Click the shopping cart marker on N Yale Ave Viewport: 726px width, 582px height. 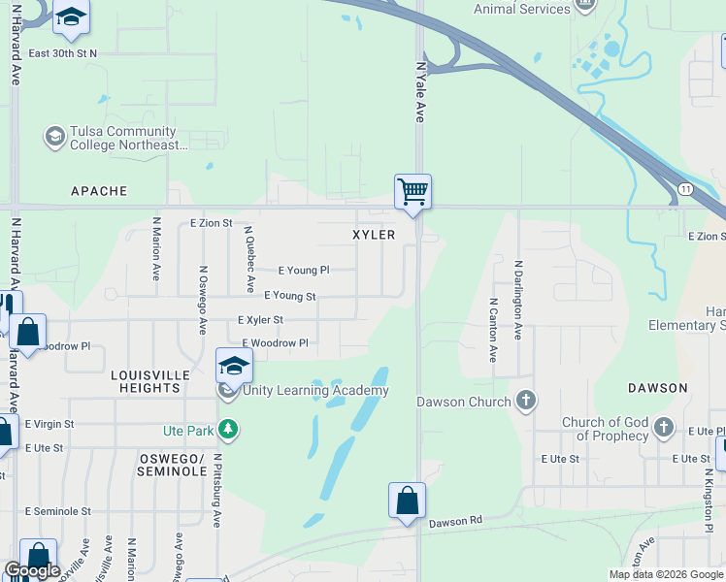coord(412,190)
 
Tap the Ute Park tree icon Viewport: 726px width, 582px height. coord(227,428)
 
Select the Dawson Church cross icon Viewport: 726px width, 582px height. coord(525,401)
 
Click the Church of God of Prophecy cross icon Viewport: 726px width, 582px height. coord(663,428)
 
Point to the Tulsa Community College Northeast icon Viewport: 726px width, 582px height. coord(54,137)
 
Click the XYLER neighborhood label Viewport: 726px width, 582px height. coord(374,235)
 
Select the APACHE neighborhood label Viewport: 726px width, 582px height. coord(99,191)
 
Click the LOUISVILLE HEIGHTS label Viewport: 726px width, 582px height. coord(146,381)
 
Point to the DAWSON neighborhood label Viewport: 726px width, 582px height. coord(657,387)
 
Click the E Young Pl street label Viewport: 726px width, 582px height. coord(304,271)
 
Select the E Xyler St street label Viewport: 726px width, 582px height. coord(260,319)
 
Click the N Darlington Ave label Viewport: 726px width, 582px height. coord(518,300)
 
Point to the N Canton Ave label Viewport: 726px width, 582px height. coord(493,330)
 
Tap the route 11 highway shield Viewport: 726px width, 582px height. coord(686,188)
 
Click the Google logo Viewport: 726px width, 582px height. coord(32,570)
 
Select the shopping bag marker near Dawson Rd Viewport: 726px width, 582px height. coord(407,500)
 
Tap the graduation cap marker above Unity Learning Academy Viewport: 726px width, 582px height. coord(233,366)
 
